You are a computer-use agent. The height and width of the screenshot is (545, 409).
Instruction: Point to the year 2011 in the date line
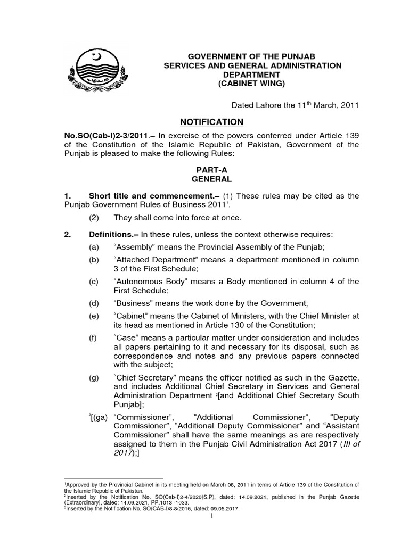point(348,105)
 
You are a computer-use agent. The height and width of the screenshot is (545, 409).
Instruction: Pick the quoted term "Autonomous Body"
point(151,282)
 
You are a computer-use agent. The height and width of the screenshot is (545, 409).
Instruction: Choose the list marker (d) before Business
point(95,303)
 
